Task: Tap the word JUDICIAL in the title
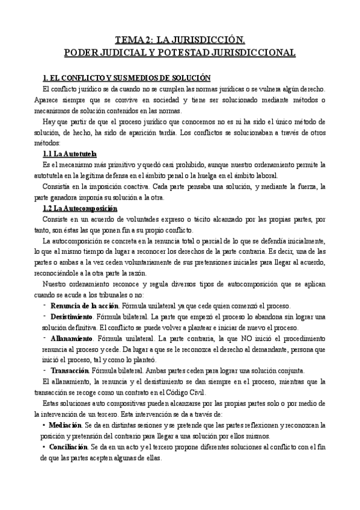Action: [128, 52]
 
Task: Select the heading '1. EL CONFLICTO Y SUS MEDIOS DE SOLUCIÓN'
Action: [127, 78]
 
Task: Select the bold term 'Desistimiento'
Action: [72, 316]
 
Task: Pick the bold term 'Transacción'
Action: [69, 370]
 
